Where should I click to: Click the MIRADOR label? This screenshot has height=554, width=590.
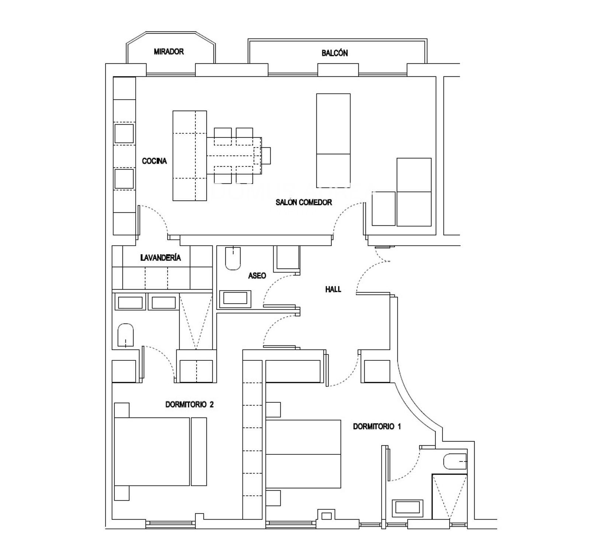169,52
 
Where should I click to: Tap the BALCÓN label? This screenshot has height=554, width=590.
334,53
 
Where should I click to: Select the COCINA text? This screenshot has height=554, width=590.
154,161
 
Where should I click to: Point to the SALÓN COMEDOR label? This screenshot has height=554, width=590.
303,202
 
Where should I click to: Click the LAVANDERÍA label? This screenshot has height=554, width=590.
160,257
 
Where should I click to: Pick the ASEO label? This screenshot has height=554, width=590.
257,276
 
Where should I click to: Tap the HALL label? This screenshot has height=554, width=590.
333,289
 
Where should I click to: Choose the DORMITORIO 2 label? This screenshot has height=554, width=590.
189,405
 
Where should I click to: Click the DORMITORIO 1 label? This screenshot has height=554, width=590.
377,426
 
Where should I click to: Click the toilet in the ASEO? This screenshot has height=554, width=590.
233,258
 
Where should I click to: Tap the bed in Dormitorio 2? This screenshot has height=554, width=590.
152,451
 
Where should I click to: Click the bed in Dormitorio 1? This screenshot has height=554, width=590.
303,454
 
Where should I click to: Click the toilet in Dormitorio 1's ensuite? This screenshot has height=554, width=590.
455,462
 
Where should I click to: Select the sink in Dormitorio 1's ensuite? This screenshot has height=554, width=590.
407,507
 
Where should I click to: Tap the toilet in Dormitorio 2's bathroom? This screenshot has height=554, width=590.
125,335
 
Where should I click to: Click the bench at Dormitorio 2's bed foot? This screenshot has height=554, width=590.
199,451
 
